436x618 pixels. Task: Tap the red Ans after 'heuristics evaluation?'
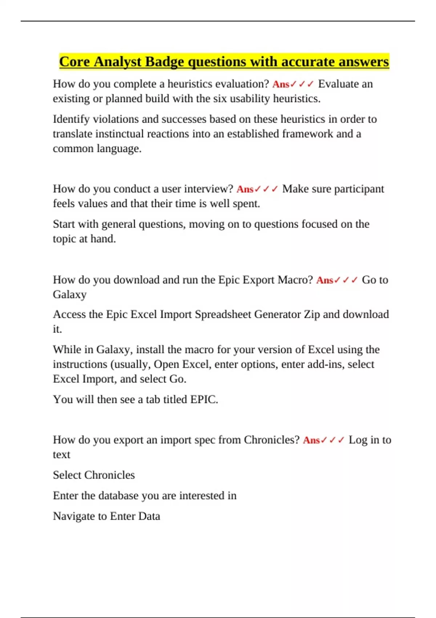click(x=281, y=84)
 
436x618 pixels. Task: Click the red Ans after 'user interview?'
click(x=245, y=189)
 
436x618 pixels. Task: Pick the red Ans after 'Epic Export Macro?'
click(x=325, y=280)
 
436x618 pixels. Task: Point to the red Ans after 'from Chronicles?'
click(x=311, y=440)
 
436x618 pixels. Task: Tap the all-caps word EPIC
click(x=203, y=400)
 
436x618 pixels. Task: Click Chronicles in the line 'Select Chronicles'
click(x=109, y=475)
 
